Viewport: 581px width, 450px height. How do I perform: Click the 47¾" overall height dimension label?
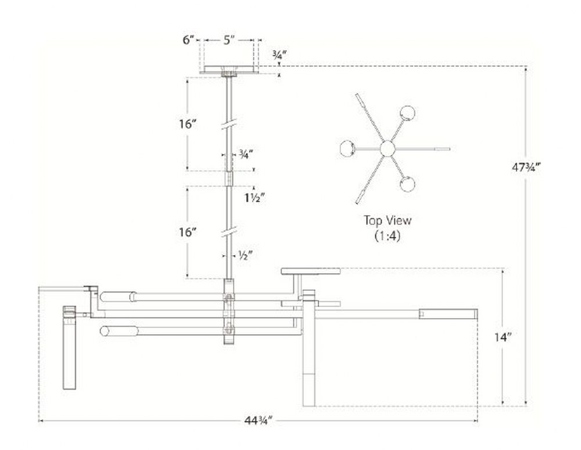tap(526, 167)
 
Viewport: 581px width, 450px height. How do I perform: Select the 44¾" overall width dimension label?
tap(259, 421)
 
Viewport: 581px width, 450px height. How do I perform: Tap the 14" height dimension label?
tap(503, 337)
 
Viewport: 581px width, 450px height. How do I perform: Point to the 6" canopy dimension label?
tap(188, 40)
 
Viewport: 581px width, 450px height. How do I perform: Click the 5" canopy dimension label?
tap(229, 40)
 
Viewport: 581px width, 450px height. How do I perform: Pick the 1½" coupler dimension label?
tap(254, 198)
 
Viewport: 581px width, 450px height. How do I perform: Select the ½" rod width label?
tap(245, 255)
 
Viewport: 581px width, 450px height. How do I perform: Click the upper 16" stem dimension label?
tap(188, 124)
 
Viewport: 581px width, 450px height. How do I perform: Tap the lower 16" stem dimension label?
tap(188, 233)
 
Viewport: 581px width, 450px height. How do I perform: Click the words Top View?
tap(388, 220)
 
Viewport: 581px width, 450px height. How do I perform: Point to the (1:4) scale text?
tap(388, 235)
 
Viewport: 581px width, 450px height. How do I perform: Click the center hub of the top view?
tap(388, 149)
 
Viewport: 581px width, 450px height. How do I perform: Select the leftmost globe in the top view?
tap(347, 148)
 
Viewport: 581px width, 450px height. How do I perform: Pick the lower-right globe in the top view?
tap(407, 184)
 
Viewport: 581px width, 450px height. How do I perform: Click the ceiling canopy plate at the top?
tap(229, 70)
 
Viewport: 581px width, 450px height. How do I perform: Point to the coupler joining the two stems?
tap(229, 178)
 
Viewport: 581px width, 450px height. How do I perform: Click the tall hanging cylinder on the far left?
tap(69, 348)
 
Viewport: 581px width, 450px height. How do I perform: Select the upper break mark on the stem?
tap(229, 124)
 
